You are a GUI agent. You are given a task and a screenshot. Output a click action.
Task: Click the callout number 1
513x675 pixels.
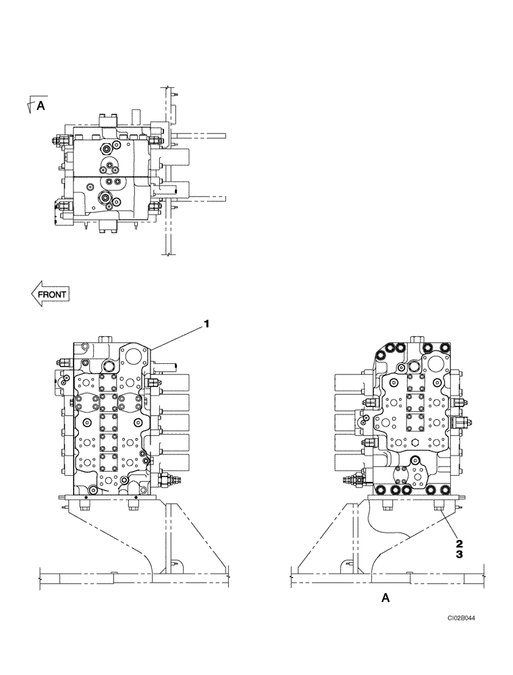click(207, 325)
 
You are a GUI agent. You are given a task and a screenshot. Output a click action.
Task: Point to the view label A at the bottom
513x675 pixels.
click(385, 597)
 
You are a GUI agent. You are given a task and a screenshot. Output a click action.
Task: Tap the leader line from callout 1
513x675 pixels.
click(179, 336)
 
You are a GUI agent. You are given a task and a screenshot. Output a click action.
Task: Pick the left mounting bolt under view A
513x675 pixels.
click(385, 505)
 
